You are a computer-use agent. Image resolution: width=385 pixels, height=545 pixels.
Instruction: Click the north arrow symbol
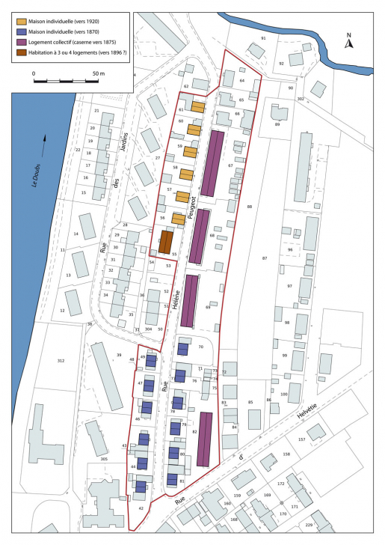(x=348, y=42)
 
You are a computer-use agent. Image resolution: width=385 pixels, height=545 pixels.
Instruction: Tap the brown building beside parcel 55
(x=166, y=242)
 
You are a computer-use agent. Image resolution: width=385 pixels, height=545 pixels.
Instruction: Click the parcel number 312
(x=61, y=361)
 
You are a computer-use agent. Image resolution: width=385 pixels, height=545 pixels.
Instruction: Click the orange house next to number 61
(x=197, y=107)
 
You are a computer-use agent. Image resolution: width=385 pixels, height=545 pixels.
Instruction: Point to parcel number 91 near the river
(x=263, y=37)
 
